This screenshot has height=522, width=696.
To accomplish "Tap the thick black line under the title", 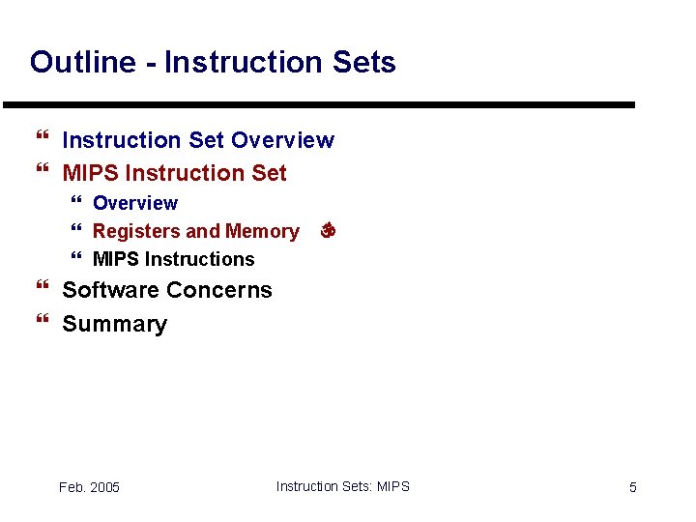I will pos(319,104).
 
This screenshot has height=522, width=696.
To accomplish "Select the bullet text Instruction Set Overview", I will pos(198,140).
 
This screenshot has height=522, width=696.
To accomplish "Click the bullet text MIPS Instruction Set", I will pos(174,173).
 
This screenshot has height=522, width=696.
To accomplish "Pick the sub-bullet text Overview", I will pos(135,203).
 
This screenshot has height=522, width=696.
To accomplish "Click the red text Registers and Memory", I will pos(195,231).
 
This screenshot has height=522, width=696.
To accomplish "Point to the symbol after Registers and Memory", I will pos(327,231).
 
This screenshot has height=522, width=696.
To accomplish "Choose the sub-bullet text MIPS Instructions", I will pos(173,259).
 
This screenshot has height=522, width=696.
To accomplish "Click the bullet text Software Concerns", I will pos(167,290).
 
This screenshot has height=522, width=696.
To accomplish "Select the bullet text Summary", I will pos(114,324).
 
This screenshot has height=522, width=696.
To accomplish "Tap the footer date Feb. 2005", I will pos(89,487).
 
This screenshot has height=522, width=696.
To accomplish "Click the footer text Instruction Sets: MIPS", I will pos(342,486).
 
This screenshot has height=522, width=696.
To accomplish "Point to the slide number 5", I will pos(633,487).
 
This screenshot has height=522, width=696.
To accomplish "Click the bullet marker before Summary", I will pos(41,324).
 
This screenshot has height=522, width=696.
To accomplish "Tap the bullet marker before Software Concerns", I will pos(41,290).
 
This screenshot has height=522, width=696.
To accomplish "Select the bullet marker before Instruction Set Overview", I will pos(41,140).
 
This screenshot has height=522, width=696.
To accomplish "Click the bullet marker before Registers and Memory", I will pos(77,231).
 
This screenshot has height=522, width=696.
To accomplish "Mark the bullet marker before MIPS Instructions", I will pos(77,259).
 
